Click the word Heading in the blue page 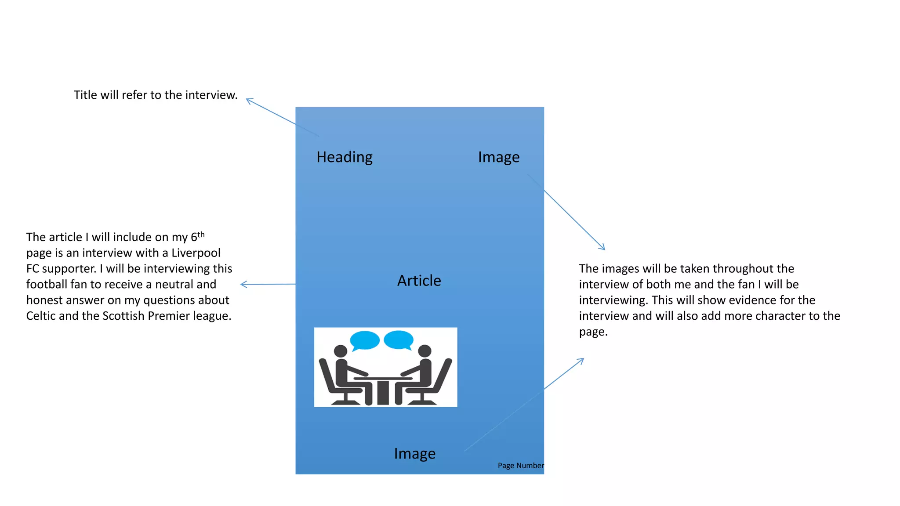click(345, 157)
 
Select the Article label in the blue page click(419, 281)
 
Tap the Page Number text click(521, 466)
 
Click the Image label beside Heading click(499, 157)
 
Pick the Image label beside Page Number click(414, 453)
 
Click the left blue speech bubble click(364, 340)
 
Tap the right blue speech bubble click(399, 340)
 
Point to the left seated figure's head click(341, 351)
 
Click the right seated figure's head click(425, 351)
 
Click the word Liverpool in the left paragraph click(196, 253)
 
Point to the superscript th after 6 click(201, 234)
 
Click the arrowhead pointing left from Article click(243, 285)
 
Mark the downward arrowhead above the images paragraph click(603, 248)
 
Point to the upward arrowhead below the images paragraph click(582, 360)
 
